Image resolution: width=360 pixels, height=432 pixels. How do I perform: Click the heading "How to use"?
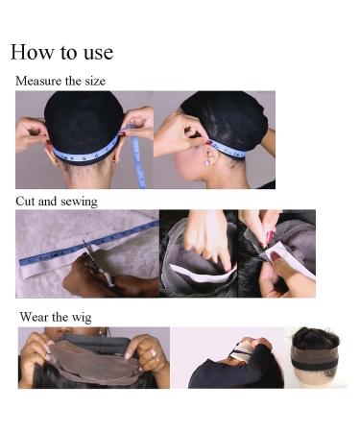(x=61, y=52)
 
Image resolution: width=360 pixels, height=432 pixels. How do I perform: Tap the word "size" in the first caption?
(x=92, y=82)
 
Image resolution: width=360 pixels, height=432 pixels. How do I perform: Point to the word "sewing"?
(x=78, y=203)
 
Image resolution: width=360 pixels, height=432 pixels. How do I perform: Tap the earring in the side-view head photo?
(x=204, y=161)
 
